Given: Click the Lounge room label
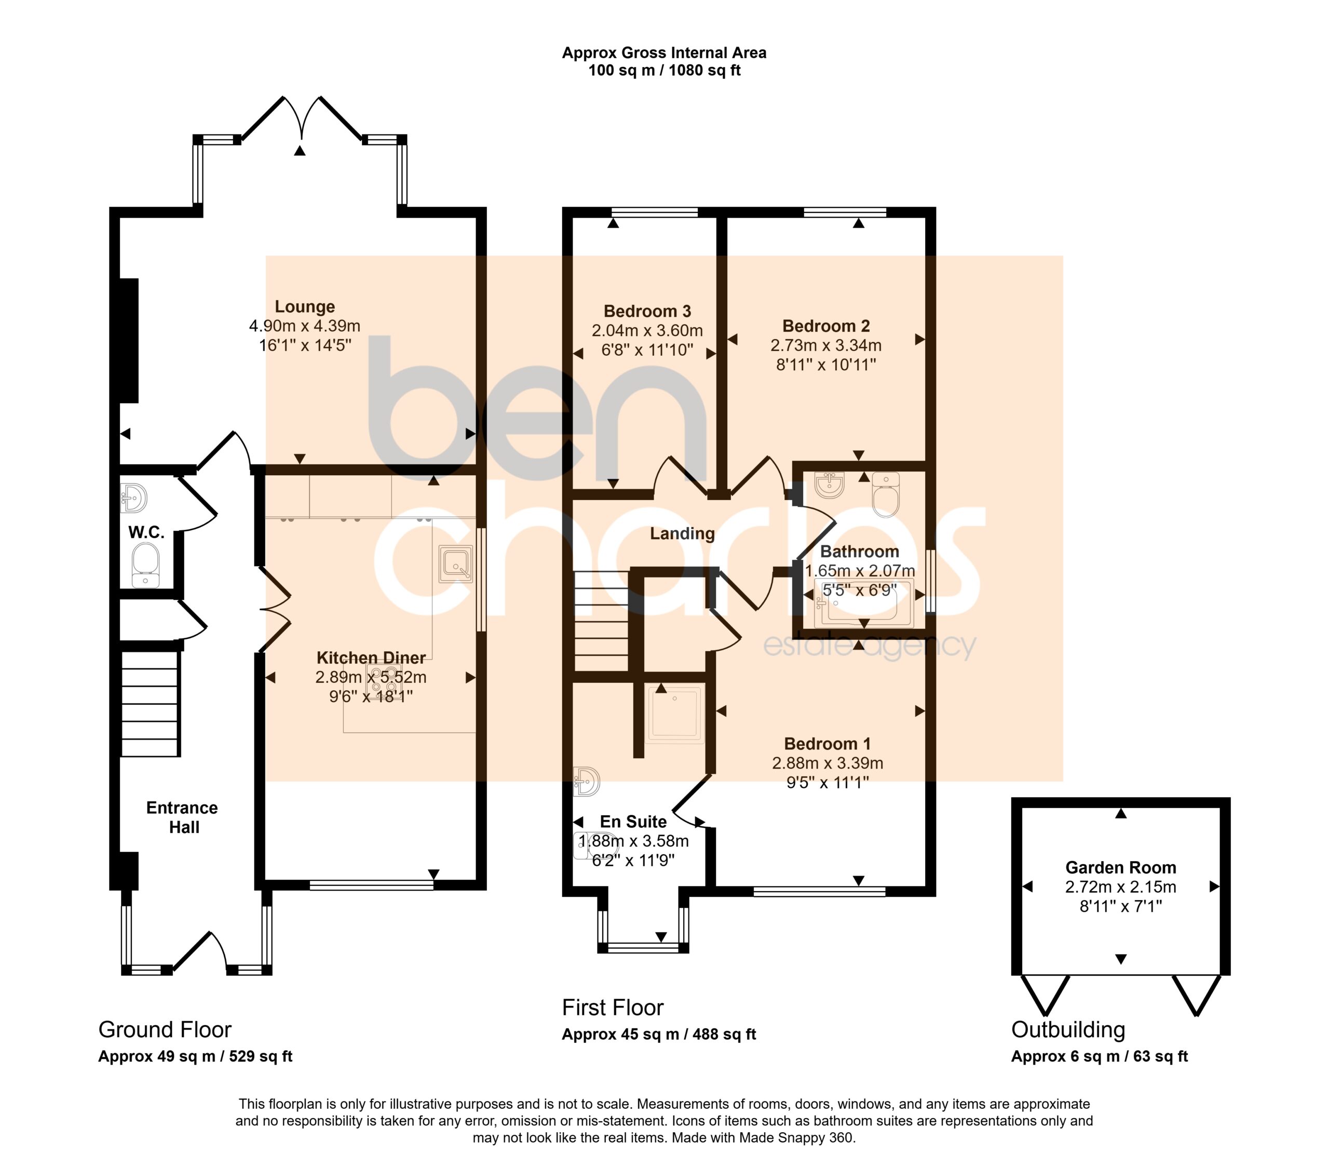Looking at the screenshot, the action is (x=304, y=306).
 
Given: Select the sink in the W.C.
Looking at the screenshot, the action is (x=134, y=498).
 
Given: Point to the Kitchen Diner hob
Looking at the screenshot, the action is (x=384, y=680).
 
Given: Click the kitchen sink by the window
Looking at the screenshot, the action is (x=456, y=563).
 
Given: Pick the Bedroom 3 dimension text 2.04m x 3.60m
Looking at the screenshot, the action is (x=647, y=330).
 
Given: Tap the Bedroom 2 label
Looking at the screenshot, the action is (x=826, y=326).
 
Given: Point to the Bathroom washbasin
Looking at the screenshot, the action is (x=829, y=485).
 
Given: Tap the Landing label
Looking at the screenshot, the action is (x=682, y=534).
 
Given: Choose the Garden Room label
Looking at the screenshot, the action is (x=1120, y=867).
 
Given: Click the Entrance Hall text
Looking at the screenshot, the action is (x=182, y=817).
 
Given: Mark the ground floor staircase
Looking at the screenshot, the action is (x=150, y=704).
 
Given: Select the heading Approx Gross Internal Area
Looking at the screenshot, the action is (x=664, y=52).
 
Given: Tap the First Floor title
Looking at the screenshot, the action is (x=613, y=1008).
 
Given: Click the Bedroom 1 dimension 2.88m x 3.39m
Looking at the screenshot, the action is (x=827, y=763).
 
